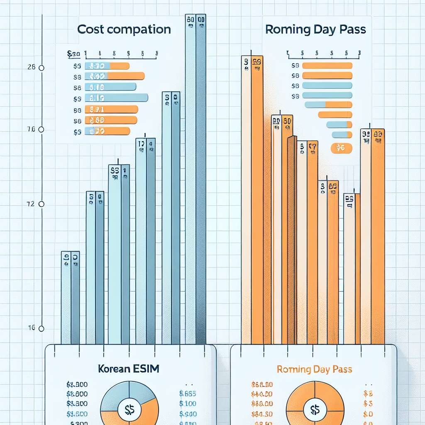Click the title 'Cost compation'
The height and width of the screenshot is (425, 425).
coord(124,29)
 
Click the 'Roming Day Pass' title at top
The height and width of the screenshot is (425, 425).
coord(315,29)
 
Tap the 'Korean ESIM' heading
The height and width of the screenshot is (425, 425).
coord(128,369)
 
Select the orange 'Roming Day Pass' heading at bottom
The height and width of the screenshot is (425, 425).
coord(314,369)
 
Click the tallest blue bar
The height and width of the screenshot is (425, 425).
coord(195,178)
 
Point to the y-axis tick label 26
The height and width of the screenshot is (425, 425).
coord(31,68)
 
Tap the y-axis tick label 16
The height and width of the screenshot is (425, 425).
coord(31,328)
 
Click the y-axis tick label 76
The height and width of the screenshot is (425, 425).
coord(31,129)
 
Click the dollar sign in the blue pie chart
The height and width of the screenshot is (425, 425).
coord(129,409)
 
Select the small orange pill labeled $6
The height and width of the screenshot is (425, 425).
coord(341,148)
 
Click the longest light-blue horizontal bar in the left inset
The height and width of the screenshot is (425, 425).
coord(117,98)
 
